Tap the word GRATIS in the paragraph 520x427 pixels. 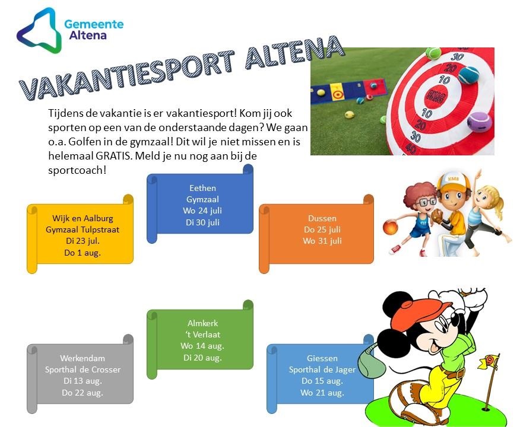pyautogui.click(x=112, y=156)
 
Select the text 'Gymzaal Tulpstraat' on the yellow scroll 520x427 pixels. pyautogui.click(x=83, y=230)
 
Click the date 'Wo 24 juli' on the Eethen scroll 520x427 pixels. pyautogui.click(x=202, y=211)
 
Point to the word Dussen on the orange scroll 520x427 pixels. pyautogui.click(x=322, y=219)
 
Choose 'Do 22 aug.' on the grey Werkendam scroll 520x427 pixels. pyautogui.click(x=83, y=393)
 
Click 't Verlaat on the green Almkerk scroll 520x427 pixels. pyautogui.click(x=202, y=335)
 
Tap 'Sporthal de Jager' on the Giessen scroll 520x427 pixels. pyautogui.click(x=322, y=369)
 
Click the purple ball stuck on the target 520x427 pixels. pyautogui.click(x=480, y=122)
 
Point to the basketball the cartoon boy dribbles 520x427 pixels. pyautogui.click(x=390, y=228)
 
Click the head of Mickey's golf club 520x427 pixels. pyautogui.click(x=371, y=364)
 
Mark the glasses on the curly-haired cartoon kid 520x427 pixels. pyautogui.click(x=427, y=202)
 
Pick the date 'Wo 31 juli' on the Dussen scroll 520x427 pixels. pyautogui.click(x=322, y=241)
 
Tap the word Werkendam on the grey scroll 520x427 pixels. pyautogui.click(x=83, y=358)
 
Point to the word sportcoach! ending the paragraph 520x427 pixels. pyautogui.click(x=77, y=170)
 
